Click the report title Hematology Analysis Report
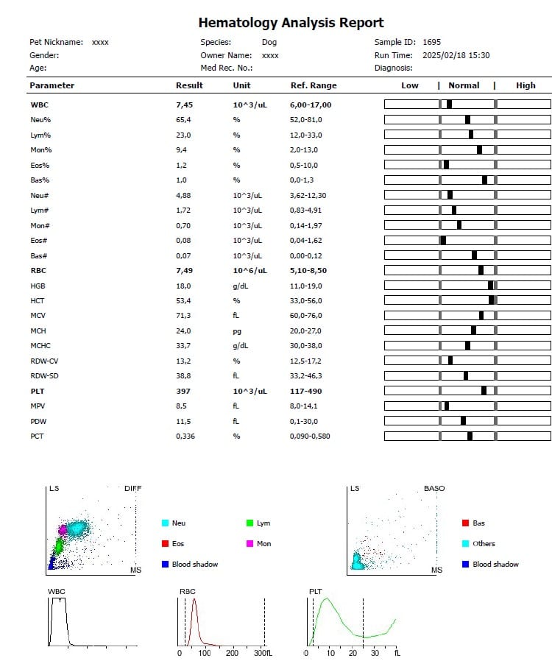coord(291,23)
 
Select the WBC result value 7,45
coord(183,105)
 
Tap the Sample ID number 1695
coord(432,42)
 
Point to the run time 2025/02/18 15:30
coord(456,55)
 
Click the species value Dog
coord(269,42)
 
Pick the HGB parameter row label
coord(38,285)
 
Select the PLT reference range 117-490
coord(307,391)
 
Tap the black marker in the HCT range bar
coord(492,300)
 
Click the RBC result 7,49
coord(183,269)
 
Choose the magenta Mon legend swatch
coord(250,543)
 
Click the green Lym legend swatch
coord(250,523)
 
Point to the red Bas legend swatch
coord(465,523)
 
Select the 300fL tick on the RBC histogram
coord(262,652)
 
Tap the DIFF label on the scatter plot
coord(132,489)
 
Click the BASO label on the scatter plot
coord(434,489)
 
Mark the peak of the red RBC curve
coord(194,599)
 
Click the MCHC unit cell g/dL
coord(241,345)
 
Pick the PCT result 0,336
coord(186,436)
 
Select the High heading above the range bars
coord(526,85)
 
